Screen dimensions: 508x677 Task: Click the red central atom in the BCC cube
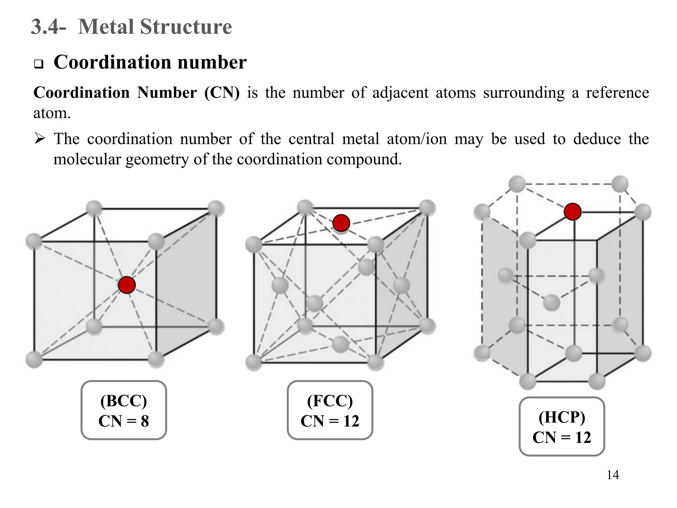click(x=127, y=285)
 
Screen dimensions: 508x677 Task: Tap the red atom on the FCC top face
click(x=341, y=223)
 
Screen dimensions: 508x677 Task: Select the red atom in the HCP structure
click(x=573, y=212)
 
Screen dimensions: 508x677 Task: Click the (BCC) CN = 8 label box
click(x=124, y=410)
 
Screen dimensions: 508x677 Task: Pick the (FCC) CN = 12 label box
click(x=330, y=410)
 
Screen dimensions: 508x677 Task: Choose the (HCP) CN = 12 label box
click(x=562, y=427)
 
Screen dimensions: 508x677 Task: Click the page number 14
click(x=613, y=475)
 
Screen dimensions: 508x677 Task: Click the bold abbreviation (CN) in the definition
click(x=222, y=93)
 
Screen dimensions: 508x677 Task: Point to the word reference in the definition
click(x=617, y=93)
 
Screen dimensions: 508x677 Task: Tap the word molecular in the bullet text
click(x=87, y=159)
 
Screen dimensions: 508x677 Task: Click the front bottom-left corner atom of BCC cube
click(x=34, y=360)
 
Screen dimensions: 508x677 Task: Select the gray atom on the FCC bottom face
click(x=340, y=344)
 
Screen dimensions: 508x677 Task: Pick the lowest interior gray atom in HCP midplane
click(x=551, y=302)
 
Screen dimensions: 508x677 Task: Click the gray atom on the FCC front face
click(x=314, y=303)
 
